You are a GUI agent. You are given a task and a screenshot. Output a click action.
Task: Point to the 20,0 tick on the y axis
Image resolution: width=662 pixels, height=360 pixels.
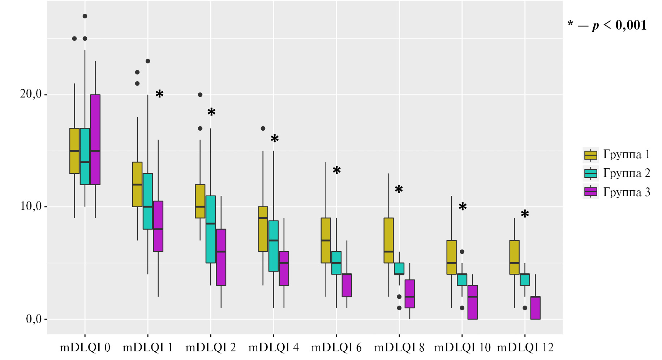point(31,94)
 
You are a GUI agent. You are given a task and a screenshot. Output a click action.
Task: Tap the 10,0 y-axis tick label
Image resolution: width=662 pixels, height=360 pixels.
point(31,207)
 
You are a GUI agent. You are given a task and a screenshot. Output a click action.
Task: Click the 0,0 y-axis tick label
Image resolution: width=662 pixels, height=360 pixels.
point(33,319)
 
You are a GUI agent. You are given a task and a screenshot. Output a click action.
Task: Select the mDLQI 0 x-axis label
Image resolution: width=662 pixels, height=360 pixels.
point(85,348)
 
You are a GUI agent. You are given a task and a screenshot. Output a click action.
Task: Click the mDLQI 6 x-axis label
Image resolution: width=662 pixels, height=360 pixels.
point(336,348)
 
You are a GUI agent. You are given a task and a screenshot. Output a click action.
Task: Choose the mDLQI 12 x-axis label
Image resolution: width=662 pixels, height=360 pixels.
point(525,348)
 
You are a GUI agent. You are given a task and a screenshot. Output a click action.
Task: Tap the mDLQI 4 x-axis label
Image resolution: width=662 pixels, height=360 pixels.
point(274,348)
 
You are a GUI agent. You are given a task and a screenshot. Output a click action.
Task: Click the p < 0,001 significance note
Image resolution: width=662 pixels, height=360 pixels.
point(607,25)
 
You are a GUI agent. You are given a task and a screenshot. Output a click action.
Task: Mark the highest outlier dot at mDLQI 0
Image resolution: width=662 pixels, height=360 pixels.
point(85,16)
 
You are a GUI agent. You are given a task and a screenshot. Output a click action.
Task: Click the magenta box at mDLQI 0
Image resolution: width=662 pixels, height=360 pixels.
point(95,139)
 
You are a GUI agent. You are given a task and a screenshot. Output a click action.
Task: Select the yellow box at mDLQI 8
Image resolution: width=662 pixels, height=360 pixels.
point(389,240)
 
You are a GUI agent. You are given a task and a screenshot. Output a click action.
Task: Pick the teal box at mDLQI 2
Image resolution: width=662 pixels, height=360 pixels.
point(211,229)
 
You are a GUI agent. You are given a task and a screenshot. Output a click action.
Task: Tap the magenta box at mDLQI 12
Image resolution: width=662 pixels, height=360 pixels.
point(536,308)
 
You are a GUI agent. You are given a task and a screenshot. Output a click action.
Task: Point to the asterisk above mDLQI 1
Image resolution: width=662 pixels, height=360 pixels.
point(159,94)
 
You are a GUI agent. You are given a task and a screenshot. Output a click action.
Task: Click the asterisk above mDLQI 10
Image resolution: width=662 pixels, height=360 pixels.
point(463,207)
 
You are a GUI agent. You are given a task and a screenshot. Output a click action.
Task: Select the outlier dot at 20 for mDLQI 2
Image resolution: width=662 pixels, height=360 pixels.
point(200,95)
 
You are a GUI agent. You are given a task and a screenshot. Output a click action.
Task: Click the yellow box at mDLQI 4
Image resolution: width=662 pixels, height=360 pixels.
point(263,229)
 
